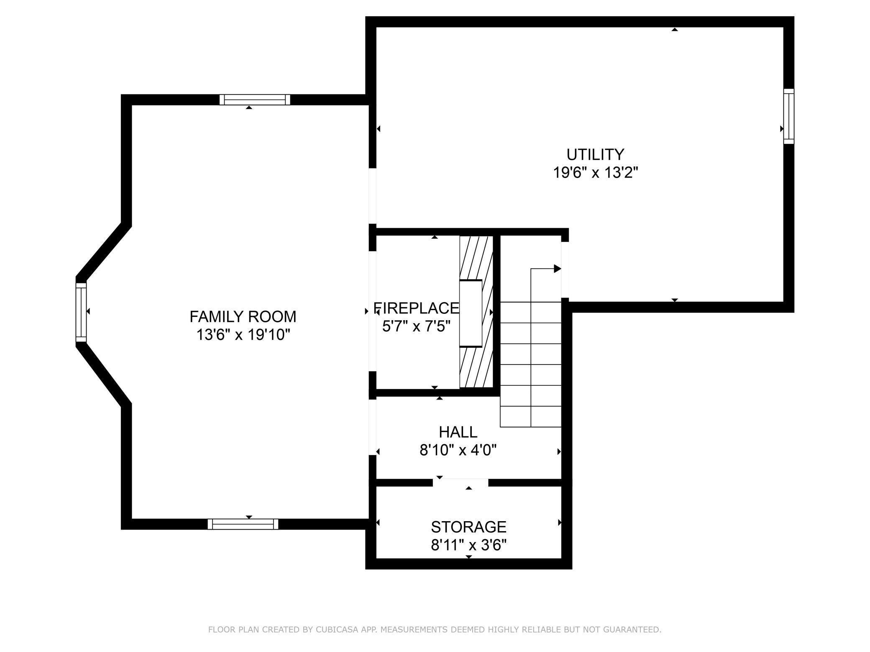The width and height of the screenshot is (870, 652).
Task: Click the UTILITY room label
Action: coord(595,155)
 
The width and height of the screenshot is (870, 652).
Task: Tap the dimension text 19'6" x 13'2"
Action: coord(596,173)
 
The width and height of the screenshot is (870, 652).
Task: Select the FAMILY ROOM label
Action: coord(243,317)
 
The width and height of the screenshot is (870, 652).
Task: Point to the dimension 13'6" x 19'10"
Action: coord(243,335)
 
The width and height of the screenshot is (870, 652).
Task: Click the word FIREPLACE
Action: coord(416,308)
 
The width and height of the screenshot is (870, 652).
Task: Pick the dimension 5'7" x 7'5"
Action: coord(416,326)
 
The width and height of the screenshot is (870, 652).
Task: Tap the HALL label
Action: coord(458,432)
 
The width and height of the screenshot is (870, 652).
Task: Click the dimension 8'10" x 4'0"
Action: coord(458,450)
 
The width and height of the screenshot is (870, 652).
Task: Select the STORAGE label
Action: coord(468,527)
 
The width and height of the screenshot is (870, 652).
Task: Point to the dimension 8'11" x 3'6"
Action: coord(468,545)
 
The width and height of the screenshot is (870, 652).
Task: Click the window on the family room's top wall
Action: coord(255,99)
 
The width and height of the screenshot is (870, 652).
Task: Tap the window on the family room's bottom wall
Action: coord(243,524)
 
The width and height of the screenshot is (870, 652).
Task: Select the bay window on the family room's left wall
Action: coord(81,312)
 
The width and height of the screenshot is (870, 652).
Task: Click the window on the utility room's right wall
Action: coord(788,116)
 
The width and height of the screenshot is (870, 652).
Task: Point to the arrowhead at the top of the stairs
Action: coord(557,269)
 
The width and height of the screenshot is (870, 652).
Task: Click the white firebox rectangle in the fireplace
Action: coord(471,313)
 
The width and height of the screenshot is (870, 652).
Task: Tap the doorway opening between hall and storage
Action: coord(460,482)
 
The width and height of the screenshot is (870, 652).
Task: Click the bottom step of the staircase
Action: coord(530,417)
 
